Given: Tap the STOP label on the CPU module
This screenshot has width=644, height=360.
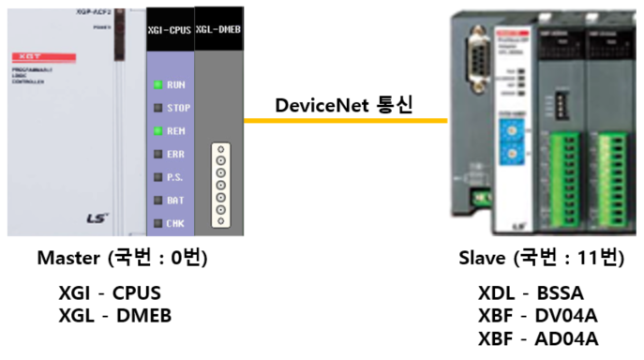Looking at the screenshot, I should (177, 108).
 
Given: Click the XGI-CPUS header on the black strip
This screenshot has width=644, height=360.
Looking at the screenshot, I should (169, 31).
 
